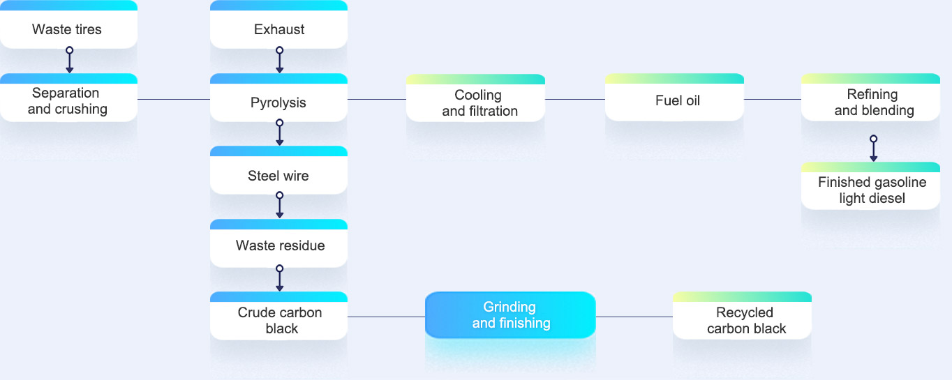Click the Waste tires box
pyautogui.click(x=68, y=24)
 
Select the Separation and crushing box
pyautogui.click(x=68, y=98)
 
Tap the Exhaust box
pyautogui.click(x=278, y=24)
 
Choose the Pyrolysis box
pyautogui.click(x=278, y=98)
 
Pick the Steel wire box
pyautogui.click(x=278, y=170)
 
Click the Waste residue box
pyautogui.click(x=278, y=243)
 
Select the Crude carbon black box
pyautogui.click(x=278, y=316)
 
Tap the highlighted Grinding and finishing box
pyautogui.click(x=510, y=315)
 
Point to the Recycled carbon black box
pyautogui.click(x=742, y=315)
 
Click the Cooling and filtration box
pyautogui.click(x=475, y=98)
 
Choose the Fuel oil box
pyautogui.click(x=674, y=97)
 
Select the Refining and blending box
pyautogui.click(x=871, y=97)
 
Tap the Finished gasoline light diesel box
pyautogui.click(x=871, y=185)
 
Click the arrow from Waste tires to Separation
pyautogui.click(x=70, y=60)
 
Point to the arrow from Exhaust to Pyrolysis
pyautogui.click(x=280, y=60)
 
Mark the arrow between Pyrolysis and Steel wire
pyautogui.click(x=280, y=132)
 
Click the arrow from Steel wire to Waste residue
pyautogui.click(x=280, y=205)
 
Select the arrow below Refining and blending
pyautogui.click(x=873, y=149)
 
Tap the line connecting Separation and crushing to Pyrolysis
pyautogui.click(x=174, y=99)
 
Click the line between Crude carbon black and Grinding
pyautogui.click(x=387, y=317)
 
